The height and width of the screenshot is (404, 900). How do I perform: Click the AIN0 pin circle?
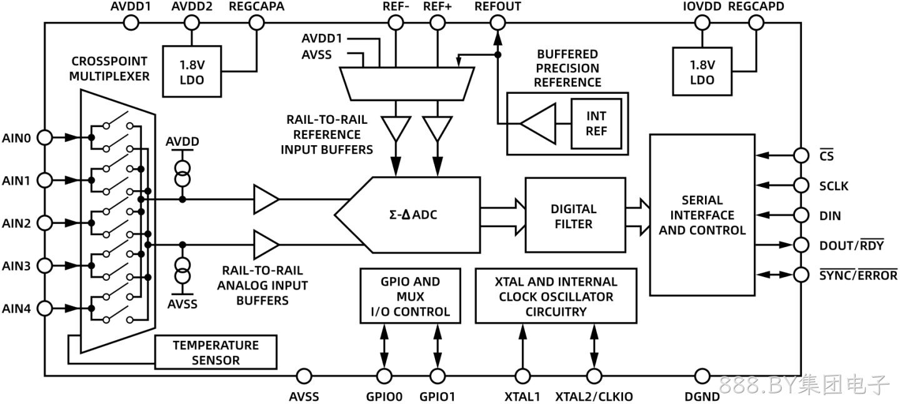pos(44,138)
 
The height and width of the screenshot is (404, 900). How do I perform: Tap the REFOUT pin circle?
pos(497,23)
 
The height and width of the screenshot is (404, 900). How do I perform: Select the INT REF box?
pos(596,124)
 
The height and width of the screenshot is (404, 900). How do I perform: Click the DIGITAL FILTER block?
pos(576,215)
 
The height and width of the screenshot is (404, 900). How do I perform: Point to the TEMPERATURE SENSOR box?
pos(216,352)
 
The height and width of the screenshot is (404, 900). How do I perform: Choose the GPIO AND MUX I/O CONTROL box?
pos(410,296)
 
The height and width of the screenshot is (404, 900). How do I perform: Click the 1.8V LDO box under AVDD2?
pos(192,71)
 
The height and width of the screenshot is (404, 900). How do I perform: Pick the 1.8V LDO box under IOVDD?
pos(702,71)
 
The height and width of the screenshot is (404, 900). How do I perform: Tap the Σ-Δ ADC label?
pos(413,215)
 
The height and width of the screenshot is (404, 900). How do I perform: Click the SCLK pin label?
pos(834,186)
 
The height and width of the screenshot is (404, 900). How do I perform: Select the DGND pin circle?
pos(702,376)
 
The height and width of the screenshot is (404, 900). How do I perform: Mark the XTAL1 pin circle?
pos(522,376)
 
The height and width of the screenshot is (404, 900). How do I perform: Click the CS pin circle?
pos(801,156)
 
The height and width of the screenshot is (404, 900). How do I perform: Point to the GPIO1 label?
pos(437,396)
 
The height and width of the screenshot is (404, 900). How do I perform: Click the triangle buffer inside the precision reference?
pos(538,124)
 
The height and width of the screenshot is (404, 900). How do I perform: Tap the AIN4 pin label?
pos(16,309)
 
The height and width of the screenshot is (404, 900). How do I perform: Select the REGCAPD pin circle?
pos(756,23)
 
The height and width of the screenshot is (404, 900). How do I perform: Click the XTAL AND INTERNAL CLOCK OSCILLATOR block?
pos(556,296)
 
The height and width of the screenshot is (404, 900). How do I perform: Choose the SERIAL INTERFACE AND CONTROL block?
pos(702,215)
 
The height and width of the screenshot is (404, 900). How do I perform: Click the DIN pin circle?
pos(801,215)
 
